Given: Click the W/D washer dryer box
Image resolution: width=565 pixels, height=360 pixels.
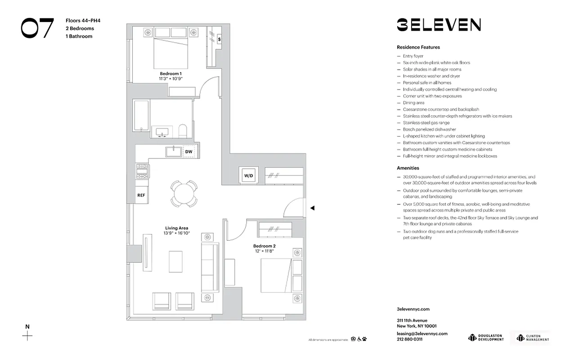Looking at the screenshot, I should tap(248, 175).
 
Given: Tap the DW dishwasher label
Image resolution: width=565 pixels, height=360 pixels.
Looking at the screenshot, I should tap(189, 152).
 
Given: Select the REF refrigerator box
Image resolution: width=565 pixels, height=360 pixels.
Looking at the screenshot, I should tap(141, 195).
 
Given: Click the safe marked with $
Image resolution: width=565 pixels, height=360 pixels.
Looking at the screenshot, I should tap(219, 40).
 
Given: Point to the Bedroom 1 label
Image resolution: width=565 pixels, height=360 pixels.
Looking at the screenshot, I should tap(170, 73).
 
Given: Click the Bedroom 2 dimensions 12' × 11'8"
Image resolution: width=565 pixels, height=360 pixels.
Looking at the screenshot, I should tap(264, 251).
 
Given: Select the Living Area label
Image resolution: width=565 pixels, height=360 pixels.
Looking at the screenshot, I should tap(176, 228).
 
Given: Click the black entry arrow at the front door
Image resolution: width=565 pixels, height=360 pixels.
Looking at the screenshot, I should tap(313, 208).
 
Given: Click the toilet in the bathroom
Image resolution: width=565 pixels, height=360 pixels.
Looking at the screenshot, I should tap(183, 130).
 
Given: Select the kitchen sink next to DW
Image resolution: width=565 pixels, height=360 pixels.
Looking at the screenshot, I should tap(173, 152).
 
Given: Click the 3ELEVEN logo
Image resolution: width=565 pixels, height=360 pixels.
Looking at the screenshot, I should tap(439, 25).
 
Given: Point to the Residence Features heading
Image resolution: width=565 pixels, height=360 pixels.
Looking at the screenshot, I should tap(418, 47).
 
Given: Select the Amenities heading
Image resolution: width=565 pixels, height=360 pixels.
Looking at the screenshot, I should tap(408, 168).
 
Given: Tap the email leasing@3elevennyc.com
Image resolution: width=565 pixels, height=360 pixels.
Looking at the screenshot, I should tap(422, 333).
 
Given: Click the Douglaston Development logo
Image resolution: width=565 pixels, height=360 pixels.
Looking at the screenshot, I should tap(486, 337).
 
